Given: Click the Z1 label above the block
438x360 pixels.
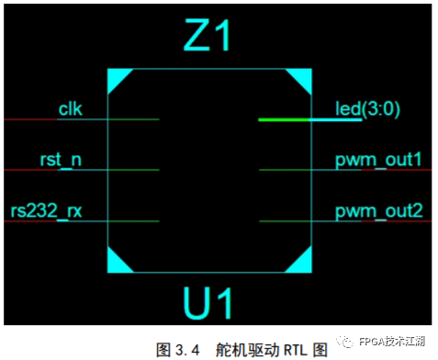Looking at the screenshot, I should click(209, 37).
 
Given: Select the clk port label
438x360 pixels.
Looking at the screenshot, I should click(70, 109).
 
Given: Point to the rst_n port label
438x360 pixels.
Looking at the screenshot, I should click(61, 160).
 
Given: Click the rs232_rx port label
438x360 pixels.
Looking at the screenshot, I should click(48, 211).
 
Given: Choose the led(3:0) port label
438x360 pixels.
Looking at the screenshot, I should click(367, 109).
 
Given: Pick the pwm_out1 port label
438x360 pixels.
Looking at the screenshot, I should click(378, 161).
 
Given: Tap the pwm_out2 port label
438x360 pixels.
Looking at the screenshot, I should click(378, 212).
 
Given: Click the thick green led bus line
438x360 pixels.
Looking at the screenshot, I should click(294, 119).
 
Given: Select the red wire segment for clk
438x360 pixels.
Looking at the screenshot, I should click(28, 119).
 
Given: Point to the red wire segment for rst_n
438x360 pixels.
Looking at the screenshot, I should click(28, 170).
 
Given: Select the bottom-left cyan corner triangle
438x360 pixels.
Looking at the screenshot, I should click(116, 264).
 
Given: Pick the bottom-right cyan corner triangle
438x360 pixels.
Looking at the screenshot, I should click(305, 264).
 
